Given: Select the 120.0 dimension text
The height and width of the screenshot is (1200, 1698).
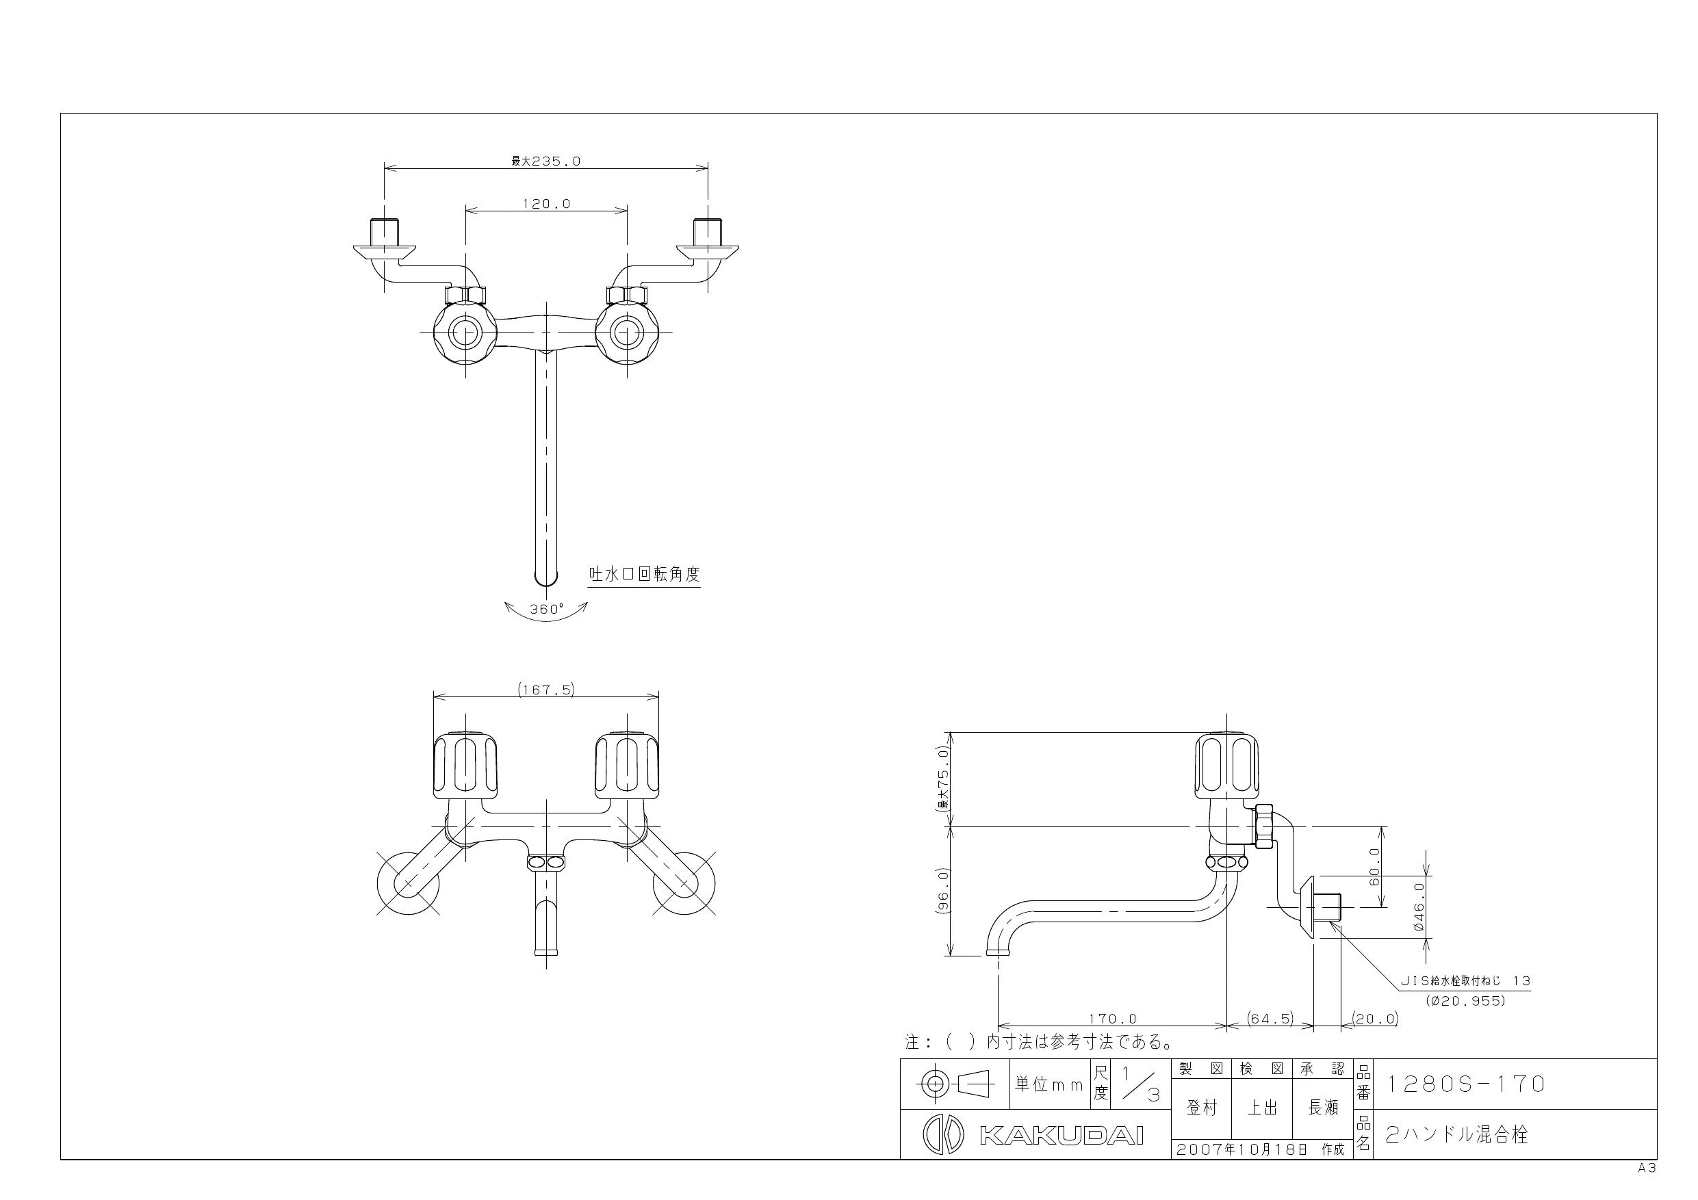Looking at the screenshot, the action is pyautogui.click(x=547, y=203).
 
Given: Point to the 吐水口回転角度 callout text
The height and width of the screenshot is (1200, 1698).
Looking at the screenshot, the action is pyautogui.click(x=643, y=574).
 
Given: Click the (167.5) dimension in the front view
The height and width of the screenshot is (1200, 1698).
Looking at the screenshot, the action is pyautogui.click(x=545, y=689).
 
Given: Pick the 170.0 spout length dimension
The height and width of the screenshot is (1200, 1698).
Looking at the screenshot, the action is pyautogui.click(x=1112, y=1018).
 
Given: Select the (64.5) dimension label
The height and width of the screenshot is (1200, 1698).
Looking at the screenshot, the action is pyautogui.click(x=1270, y=1018).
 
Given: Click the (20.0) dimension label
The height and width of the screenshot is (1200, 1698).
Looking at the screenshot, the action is pyautogui.click(x=1375, y=1018).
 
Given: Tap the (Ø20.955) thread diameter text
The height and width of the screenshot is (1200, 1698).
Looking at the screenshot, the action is pyautogui.click(x=1465, y=1001).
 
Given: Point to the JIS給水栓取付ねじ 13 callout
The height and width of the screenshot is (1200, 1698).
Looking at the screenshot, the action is pyautogui.click(x=1465, y=981).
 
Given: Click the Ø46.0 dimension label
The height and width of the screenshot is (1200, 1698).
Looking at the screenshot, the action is pyautogui.click(x=1417, y=906).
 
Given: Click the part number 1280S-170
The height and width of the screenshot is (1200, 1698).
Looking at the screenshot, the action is pyautogui.click(x=1465, y=1084).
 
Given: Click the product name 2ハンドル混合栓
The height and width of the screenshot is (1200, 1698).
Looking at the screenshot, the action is pyautogui.click(x=1456, y=1134).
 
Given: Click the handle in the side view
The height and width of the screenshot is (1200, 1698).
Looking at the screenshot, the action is pyautogui.click(x=1226, y=766).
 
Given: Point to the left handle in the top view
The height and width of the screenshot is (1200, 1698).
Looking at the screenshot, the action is pyautogui.click(x=465, y=332).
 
